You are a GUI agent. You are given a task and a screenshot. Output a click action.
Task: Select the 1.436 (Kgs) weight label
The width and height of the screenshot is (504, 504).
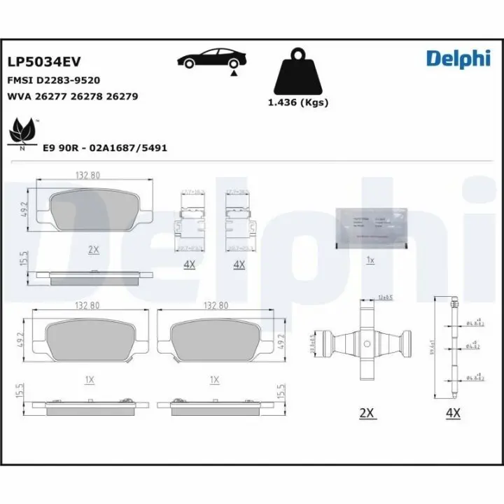tap(298, 102)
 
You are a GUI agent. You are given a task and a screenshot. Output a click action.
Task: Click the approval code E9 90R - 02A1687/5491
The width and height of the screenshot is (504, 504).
tap(105, 148)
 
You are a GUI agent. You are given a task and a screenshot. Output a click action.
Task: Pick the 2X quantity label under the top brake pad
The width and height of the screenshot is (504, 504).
tap(94, 249)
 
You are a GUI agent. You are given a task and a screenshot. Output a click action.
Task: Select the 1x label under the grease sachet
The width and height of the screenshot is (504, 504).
tap(371, 260)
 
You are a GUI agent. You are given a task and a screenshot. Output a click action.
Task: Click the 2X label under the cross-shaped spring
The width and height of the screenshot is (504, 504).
tap(367, 413)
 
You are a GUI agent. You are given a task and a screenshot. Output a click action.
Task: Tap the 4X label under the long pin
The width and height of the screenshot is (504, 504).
tap(452, 413)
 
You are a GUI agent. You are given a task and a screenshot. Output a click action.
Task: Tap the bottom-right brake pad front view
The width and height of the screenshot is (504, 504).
tap(215, 342)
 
